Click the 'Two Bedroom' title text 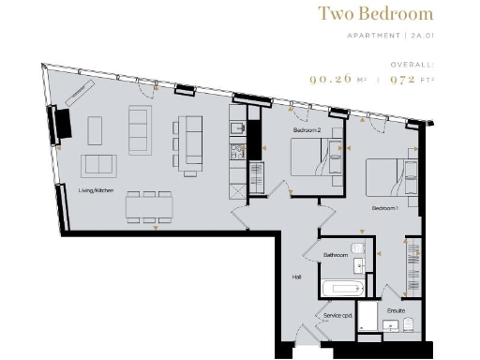pos(375,14)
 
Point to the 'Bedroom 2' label pos(307,130)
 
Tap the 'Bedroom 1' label pos(385,207)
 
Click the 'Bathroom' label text pos(336,255)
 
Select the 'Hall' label pos(295,277)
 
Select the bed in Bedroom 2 pos(313,157)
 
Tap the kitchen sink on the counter pos(238,131)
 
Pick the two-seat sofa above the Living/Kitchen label pos(99,165)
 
